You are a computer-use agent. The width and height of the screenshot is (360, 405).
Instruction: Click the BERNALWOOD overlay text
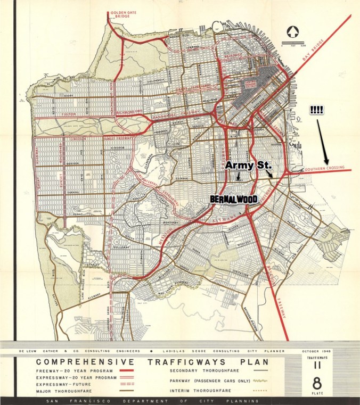(x=234, y=199)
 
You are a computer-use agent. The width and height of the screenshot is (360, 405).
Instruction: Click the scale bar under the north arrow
(x=291, y=43)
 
